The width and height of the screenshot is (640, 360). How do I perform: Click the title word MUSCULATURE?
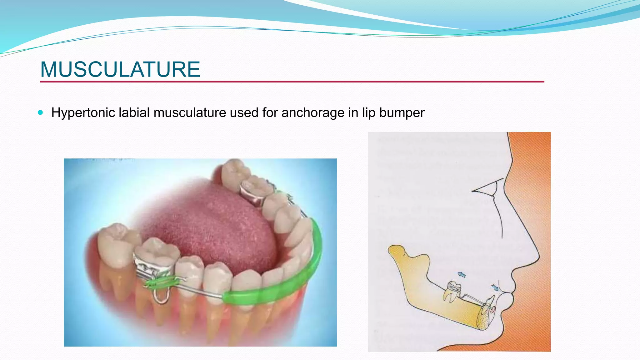[120, 69]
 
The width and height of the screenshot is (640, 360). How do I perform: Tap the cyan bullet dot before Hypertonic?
[40, 112]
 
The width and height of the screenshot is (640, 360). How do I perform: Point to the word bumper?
[402, 113]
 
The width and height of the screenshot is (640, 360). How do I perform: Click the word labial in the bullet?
[134, 112]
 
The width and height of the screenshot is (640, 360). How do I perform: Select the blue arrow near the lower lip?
[495, 287]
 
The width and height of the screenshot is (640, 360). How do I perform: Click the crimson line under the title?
[292, 82]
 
